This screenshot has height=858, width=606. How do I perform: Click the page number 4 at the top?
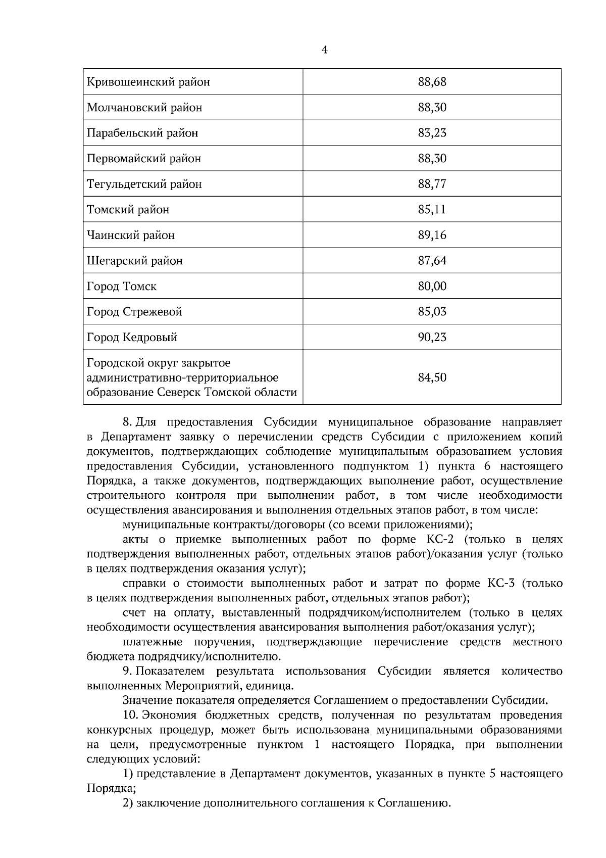[x=324, y=50]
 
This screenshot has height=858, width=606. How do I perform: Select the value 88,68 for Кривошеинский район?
[x=432, y=82]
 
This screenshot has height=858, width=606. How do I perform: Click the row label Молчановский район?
[x=144, y=108]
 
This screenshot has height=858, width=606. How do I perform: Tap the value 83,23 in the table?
[x=432, y=133]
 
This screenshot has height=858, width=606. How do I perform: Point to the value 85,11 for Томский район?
[x=432, y=210]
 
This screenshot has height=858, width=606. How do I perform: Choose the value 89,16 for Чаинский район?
[x=432, y=235]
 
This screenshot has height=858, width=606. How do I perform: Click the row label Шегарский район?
[x=135, y=261]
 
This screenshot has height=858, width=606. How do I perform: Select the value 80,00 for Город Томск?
[x=432, y=287]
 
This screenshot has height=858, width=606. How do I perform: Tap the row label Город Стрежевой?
[x=134, y=312]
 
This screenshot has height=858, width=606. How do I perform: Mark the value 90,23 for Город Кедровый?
[x=432, y=337]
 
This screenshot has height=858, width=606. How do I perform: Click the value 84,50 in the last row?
[x=432, y=377]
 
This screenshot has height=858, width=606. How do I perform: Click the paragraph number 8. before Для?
[x=127, y=422]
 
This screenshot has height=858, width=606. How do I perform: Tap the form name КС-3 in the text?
[x=501, y=584]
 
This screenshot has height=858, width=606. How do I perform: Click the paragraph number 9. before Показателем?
[x=127, y=672]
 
